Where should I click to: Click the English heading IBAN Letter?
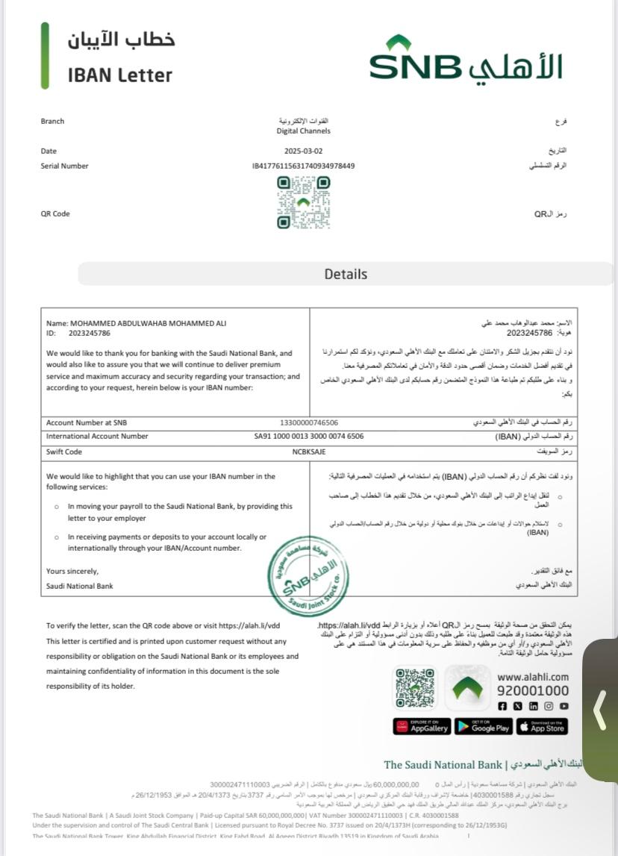coord(119,75)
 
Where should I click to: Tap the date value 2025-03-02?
coord(303,151)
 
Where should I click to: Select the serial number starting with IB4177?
coord(303,166)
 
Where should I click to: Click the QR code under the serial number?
coord(303,202)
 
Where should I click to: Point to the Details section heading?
coord(346,274)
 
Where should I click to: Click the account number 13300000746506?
coord(308,422)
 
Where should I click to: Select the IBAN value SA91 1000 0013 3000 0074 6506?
coord(309,437)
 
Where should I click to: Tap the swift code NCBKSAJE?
coord(309,452)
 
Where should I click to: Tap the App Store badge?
coord(542,726)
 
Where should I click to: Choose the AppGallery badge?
coord(422,726)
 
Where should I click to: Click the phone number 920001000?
coord(533,691)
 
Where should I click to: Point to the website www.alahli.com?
coord(533,677)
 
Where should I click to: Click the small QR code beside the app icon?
coord(415,687)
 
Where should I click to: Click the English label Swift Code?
coord(64,452)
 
